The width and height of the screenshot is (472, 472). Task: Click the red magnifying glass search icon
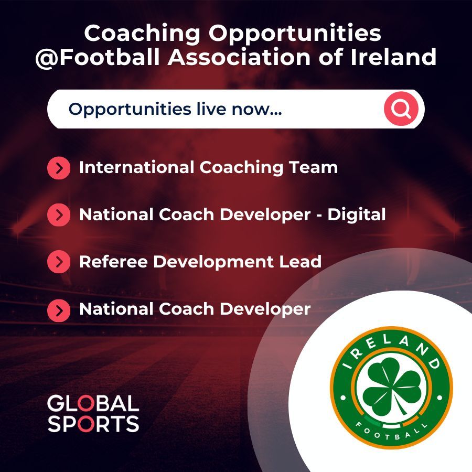pyautogui.click(x=401, y=110)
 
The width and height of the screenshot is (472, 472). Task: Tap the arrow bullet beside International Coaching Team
pyautogui.click(x=59, y=168)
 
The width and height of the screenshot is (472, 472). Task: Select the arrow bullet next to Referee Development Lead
pyautogui.click(x=59, y=262)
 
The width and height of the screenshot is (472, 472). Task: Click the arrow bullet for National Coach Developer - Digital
pyautogui.click(x=59, y=214)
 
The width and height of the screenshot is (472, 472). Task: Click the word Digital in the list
pyautogui.click(x=357, y=214)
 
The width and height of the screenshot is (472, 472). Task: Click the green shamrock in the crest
pyautogui.click(x=391, y=389)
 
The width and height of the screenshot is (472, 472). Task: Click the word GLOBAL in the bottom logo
pyautogui.click(x=93, y=404)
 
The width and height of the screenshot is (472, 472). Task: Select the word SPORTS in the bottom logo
pyautogui.click(x=93, y=424)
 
